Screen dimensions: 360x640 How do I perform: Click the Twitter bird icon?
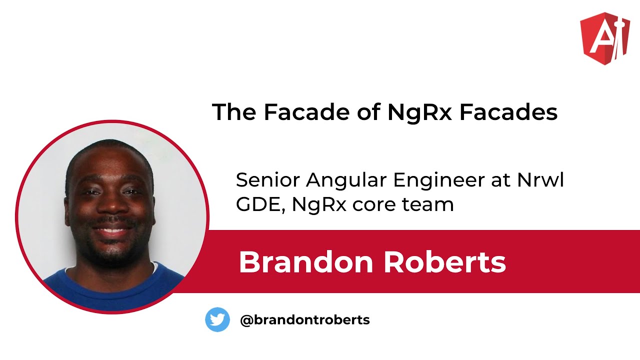[217, 319]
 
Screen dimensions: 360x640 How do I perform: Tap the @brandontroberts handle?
[305, 320]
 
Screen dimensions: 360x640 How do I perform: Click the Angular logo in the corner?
[604, 39]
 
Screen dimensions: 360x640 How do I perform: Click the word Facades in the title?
[508, 112]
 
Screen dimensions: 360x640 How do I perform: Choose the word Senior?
[268, 180]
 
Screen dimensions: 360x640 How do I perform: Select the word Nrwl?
[540, 180]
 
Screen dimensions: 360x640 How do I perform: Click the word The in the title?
[234, 112]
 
